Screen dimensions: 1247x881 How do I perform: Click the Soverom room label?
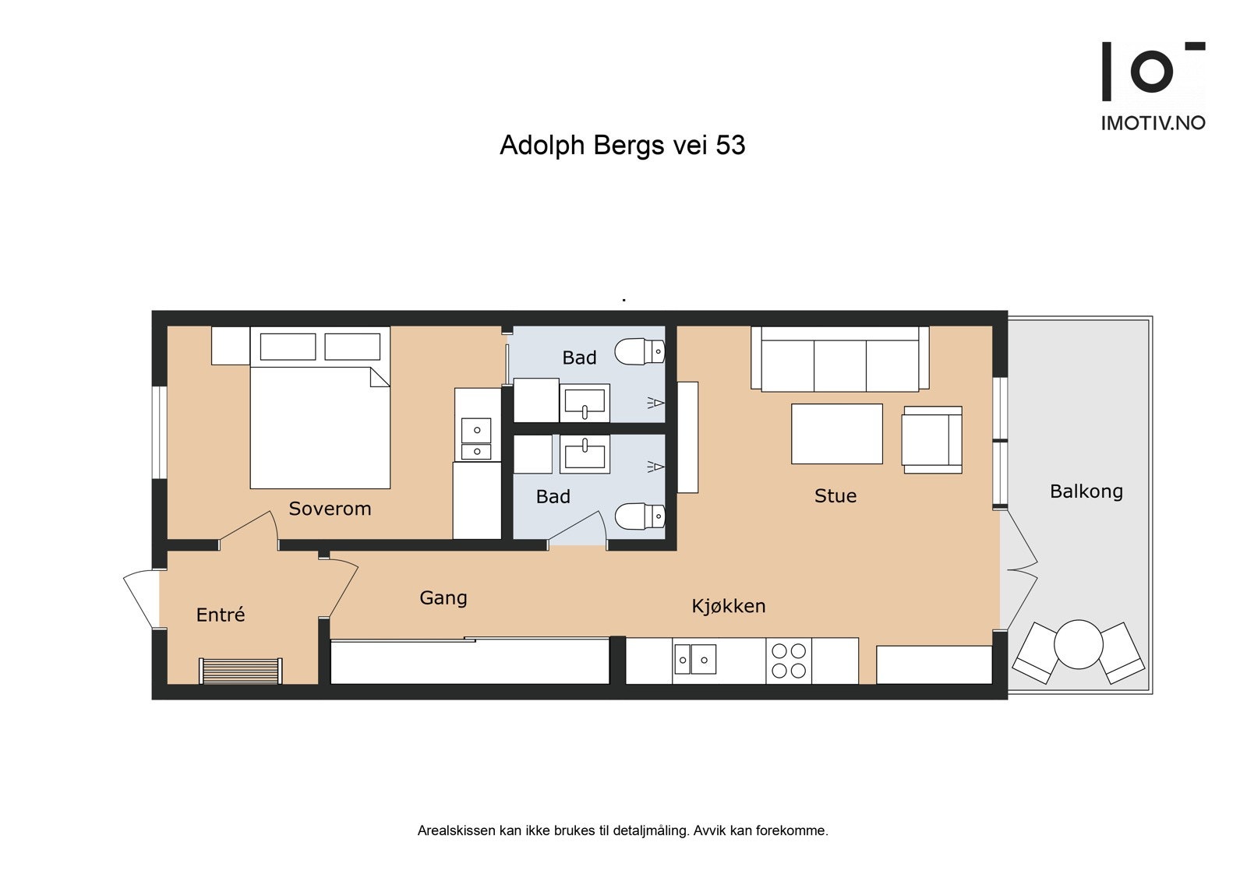coord(330,509)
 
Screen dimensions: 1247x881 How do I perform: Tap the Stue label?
coord(835,496)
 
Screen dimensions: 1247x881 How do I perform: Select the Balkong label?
coord(1086,492)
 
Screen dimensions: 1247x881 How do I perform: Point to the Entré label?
coord(221,615)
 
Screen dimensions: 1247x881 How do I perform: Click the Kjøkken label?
coord(728,605)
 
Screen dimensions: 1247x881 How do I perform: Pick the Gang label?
coord(443,597)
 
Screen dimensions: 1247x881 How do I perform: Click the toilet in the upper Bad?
coord(640,351)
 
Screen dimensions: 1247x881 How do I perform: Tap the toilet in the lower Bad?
coord(640,516)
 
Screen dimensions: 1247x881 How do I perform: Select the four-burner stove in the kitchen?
coord(788,661)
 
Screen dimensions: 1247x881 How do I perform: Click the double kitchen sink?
coord(695,660)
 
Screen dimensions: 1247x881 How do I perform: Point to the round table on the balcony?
coord(1079,644)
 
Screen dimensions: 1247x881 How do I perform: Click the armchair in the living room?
coord(932,439)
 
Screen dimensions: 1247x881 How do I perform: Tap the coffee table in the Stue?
coord(837,434)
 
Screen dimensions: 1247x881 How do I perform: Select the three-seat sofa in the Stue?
coord(840,358)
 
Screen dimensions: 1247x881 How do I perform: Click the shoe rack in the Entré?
coord(241,671)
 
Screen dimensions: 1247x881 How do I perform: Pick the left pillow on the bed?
coord(288,347)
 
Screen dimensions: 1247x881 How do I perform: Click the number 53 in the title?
coord(730,145)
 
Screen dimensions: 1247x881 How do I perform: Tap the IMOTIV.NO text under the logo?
coord(1153,123)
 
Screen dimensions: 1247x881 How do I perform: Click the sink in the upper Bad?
coord(585,403)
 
